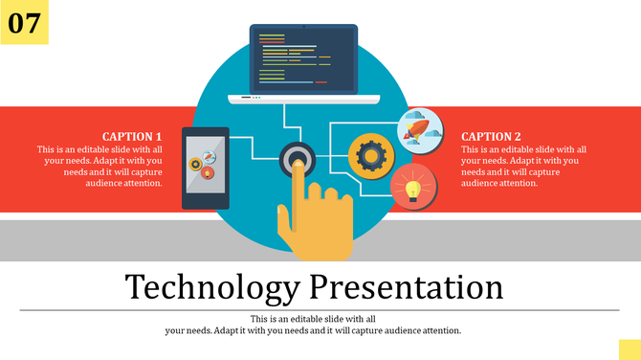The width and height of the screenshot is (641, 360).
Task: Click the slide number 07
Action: (23, 23)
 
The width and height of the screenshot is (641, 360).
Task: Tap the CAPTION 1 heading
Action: (132, 137)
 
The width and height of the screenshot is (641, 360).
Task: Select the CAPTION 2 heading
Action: (492, 137)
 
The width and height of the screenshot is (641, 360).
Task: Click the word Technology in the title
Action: (210, 287)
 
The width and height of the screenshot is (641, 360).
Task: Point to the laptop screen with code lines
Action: (302, 58)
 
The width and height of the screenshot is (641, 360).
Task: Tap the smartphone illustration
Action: (206, 168)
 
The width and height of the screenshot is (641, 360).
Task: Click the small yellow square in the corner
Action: (629, 349)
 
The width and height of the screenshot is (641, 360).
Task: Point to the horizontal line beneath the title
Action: (320, 310)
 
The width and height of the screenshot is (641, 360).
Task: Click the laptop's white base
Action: (303, 98)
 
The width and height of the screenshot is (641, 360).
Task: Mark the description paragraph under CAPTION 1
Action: (99, 166)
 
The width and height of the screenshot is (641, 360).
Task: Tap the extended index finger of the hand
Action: (298, 182)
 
